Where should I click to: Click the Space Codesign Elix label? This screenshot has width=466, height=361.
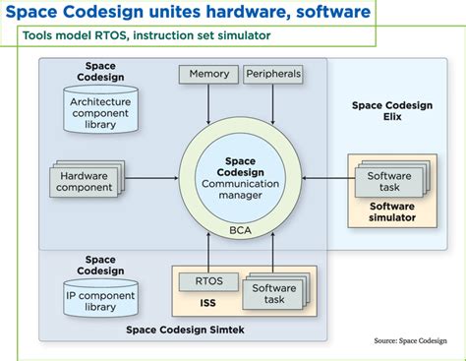tap(386, 111)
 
